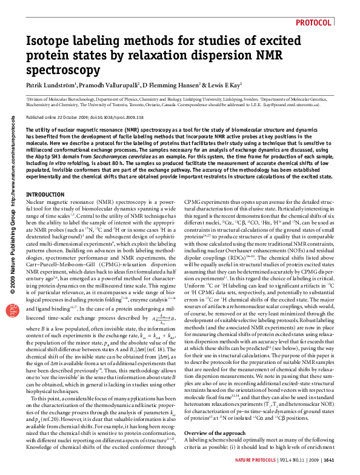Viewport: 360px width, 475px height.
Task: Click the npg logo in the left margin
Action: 12,276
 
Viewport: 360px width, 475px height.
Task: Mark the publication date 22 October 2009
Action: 73,117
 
